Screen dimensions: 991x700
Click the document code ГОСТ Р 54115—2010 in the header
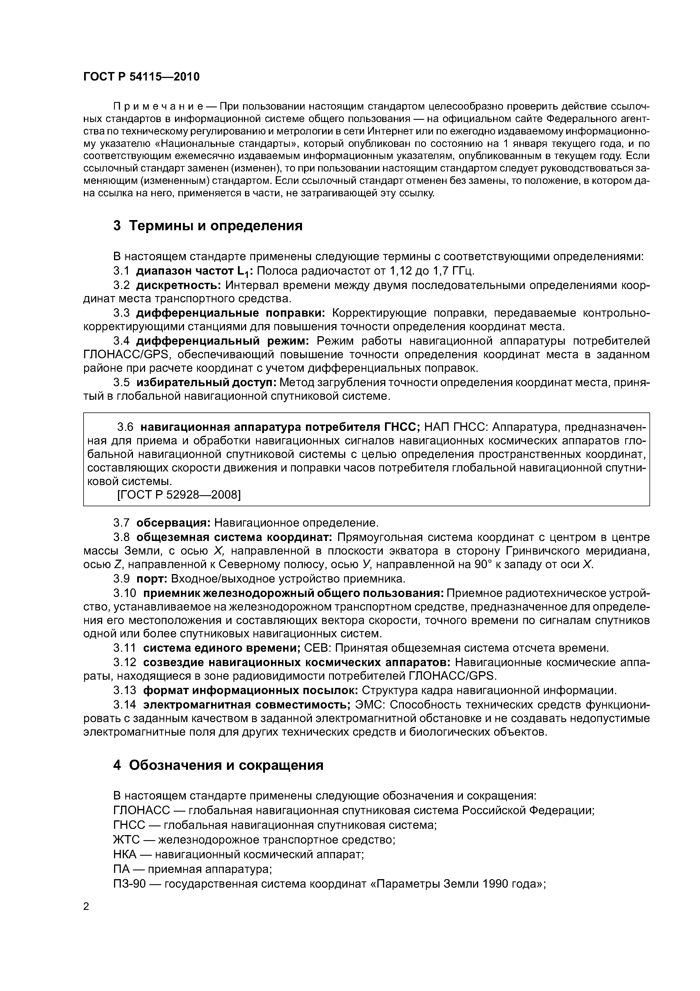pyautogui.click(x=141, y=77)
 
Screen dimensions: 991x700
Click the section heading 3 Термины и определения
pyautogui.click(x=208, y=226)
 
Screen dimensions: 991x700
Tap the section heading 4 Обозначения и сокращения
pyautogui.click(x=218, y=765)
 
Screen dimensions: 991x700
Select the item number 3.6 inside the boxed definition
pyautogui.click(x=126, y=427)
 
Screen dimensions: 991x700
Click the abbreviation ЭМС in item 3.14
pyautogui.click(x=366, y=705)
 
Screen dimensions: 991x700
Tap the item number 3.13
pyautogui.click(x=125, y=691)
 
